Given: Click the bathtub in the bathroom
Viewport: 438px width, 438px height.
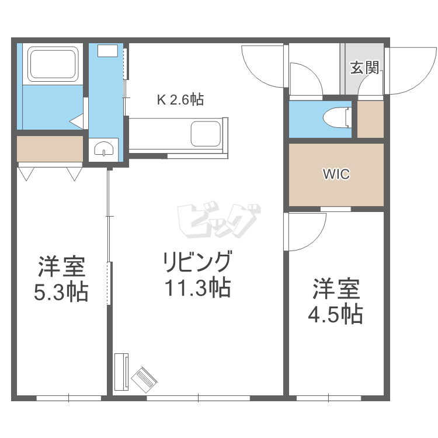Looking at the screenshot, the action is pyautogui.click(x=53, y=64).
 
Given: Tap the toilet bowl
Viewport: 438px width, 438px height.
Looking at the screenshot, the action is pyautogui.click(x=337, y=119).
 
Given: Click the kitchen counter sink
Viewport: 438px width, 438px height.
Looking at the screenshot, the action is pyautogui.click(x=206, y=134).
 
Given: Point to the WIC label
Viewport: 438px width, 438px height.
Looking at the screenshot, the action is pyautogui.click(x=336, y=174).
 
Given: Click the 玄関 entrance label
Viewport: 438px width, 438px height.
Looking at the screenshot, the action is pyautogui.click(x=364, y=68).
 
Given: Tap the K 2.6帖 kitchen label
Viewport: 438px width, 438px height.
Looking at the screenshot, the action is pyautogui.click(x=180, y=99).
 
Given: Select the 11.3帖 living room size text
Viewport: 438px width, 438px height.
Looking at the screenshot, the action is pyautogui.click(x=198, y=287).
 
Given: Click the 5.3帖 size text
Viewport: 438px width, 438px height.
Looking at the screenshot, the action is pyautogui.click(x=61, y=292).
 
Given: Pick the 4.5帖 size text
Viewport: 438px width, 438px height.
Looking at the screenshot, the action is pyautogui.click(x=335, y=314).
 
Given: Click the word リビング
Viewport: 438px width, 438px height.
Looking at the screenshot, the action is pyautogui.click(x=197, y=262).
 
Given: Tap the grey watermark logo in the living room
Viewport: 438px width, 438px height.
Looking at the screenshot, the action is pyautogui.click(x=219, y=221).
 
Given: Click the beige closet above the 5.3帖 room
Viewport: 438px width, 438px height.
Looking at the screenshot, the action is pyautogui.click(x=50, y=148).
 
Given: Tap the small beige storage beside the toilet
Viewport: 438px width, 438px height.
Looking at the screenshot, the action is pyautogui.click(x=370, y=119).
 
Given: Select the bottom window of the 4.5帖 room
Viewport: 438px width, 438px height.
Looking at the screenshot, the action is pyautogui.click(x=329, y=398).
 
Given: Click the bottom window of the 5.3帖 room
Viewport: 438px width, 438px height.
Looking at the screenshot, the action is pyautogui.click(x=69, y=398).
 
